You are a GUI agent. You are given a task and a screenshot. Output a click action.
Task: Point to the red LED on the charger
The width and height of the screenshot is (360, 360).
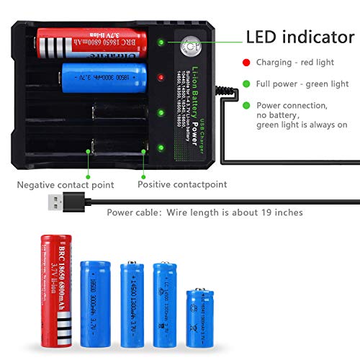161,77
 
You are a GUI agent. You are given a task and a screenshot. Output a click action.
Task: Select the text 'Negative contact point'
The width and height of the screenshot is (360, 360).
66,185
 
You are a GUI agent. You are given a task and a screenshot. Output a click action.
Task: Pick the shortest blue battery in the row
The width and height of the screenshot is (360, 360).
199,315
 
